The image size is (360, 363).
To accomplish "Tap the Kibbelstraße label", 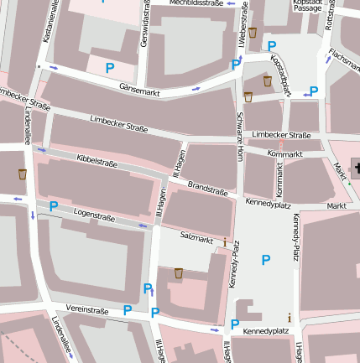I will click(97, 158).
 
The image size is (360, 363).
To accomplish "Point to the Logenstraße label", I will click(94, 216).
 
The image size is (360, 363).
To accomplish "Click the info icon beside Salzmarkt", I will click(225, 242).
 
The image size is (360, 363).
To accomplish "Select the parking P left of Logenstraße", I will click(54, 205).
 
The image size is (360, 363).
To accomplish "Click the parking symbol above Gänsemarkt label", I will click(109, 66).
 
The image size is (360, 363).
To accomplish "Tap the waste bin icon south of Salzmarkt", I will click(179, 272).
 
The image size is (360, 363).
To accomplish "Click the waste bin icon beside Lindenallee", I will click(23, 174).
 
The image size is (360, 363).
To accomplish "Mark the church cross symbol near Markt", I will click(356, 169).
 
